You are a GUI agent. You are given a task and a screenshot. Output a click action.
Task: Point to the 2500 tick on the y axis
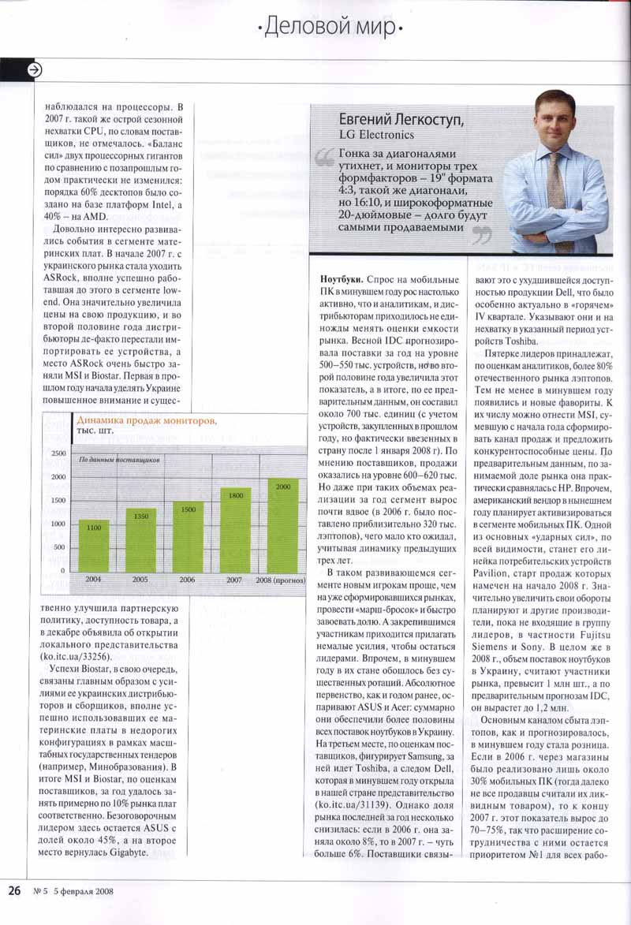59,453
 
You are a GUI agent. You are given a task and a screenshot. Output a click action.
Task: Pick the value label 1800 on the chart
236,494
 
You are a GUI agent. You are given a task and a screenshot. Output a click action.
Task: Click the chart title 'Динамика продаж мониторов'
145,420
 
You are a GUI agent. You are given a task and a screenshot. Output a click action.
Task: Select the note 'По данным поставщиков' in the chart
119,458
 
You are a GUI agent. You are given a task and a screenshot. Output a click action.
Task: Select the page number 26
14,891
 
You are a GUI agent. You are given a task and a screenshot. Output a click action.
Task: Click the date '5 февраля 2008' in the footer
84,892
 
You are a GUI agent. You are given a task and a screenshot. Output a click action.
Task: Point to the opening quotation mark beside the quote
323,160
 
